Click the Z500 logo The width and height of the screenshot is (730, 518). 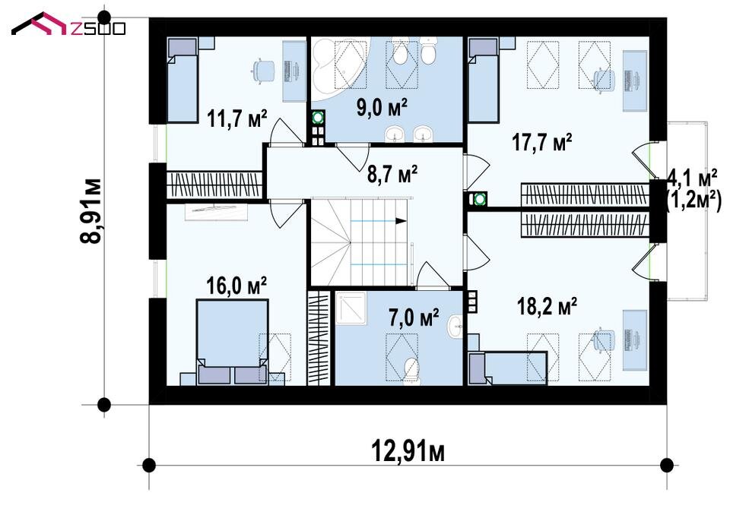(68, 24)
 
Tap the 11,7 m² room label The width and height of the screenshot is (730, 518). (237, 118)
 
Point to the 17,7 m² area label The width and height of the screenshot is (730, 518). (542, 142)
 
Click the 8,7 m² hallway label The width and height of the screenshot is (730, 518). (392, 175)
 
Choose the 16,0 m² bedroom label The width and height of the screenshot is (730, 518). (236, 286)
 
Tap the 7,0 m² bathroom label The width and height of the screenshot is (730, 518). (414, 318)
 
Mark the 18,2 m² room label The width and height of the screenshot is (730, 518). (547, 306)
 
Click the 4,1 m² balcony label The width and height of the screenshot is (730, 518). (692, 177)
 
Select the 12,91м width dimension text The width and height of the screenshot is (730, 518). (408, 451)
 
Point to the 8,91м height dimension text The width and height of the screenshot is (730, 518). (90, 210)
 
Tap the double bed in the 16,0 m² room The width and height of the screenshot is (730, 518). (233, 342)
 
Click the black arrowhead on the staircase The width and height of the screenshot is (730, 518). (400, 221)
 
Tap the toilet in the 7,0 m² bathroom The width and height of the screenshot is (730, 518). (411, 371)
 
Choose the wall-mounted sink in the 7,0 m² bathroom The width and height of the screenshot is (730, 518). (455, 326)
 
